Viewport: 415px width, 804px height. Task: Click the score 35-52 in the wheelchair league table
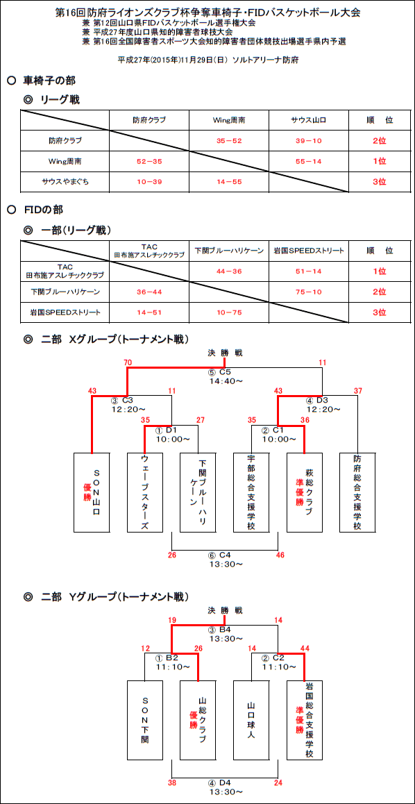point(229,140)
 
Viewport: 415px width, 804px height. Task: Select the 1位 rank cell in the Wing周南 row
point(380,160)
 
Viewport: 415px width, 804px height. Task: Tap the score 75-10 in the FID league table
point(308,291)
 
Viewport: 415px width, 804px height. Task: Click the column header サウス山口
point(309,120)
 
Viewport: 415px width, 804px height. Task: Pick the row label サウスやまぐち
point(65,181)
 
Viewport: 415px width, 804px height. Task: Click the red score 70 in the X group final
point(128,362)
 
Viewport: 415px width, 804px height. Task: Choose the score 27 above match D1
point(200,420)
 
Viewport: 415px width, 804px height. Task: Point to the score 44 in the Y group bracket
point(305,648)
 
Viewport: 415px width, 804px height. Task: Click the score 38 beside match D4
point(171,782)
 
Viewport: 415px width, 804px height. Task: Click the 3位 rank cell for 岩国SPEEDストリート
point(380,312)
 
